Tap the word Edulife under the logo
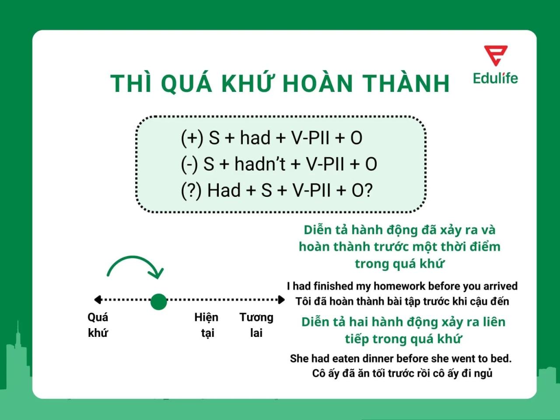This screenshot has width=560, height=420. [495, 78]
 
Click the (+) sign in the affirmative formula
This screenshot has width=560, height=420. [192, 138]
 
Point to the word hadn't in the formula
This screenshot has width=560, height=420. [260, 164]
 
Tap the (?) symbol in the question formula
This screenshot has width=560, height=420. [191, 191]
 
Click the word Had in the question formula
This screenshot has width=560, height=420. [224, 191]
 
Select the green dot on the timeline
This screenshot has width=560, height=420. [158, 301]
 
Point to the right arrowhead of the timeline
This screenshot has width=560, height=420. [281, 300]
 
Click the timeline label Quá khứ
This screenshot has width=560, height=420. [98, 325]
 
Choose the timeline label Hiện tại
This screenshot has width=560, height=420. [206, 325]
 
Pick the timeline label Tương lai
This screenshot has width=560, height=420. [256, 325]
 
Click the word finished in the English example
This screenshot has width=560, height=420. [333, 286]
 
